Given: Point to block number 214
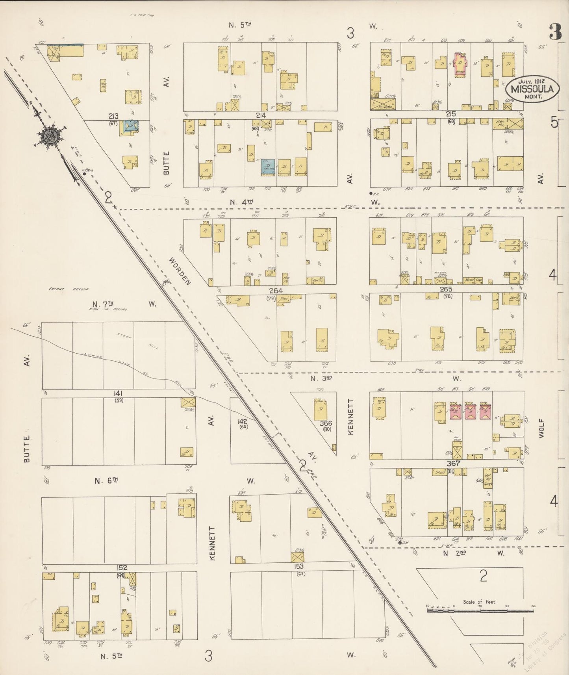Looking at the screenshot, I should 261,115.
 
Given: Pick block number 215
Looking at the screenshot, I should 451,114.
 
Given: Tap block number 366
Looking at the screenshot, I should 326,423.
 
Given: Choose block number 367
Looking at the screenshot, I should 454,464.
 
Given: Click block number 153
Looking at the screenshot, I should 299,566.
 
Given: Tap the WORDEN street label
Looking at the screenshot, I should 180,271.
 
